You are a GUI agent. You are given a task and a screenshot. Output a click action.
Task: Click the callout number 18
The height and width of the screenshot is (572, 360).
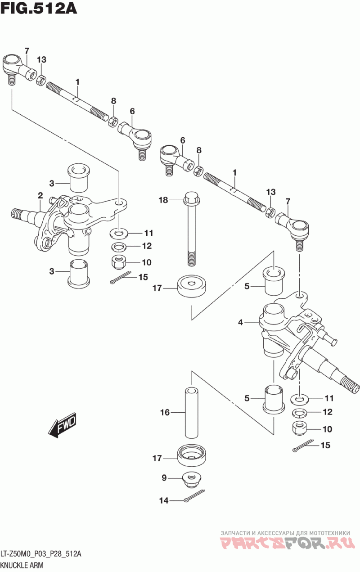(x=163, y=200)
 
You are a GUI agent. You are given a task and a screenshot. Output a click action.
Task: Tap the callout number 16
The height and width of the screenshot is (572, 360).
(x=165, y=412)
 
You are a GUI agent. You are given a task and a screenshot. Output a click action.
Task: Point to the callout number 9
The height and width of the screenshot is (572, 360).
(x=164, y=477)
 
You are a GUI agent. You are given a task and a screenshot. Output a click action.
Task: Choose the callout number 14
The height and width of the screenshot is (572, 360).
(x=164, y=500)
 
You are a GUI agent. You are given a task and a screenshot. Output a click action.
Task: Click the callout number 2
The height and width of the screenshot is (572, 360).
(x=40, y=196)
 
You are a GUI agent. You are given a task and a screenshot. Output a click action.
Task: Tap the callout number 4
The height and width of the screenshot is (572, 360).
(x=240, y=323)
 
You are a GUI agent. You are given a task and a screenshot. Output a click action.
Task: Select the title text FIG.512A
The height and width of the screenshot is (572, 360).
(x=39, y=9)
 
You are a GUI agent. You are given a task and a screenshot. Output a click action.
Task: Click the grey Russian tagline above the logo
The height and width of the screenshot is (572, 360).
(x=285, y=532)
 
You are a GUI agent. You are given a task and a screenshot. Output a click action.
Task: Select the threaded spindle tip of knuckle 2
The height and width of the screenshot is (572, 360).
(x=18, y=212)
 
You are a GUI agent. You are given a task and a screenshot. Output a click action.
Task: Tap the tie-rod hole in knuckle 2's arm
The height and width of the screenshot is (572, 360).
(x=118, y=203)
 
